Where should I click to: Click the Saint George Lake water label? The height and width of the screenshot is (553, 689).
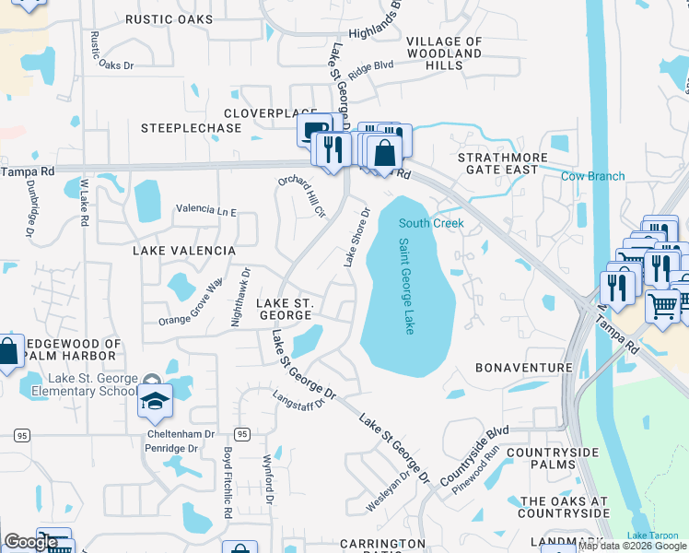pos(406,287)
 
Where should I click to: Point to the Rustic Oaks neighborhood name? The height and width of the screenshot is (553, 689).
pos(169,18)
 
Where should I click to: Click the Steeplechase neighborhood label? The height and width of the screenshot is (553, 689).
pos(191,128)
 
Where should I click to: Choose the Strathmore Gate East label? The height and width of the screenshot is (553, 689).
pos(497,163)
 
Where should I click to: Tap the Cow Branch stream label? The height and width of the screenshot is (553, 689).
pos(593,176)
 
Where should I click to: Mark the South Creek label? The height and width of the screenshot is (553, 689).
pos(431,223)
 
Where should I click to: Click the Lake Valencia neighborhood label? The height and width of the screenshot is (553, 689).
pos(184,250)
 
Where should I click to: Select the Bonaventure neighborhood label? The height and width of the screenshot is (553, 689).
pos(524,367)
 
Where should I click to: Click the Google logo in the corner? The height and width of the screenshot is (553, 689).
pos(31,542)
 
